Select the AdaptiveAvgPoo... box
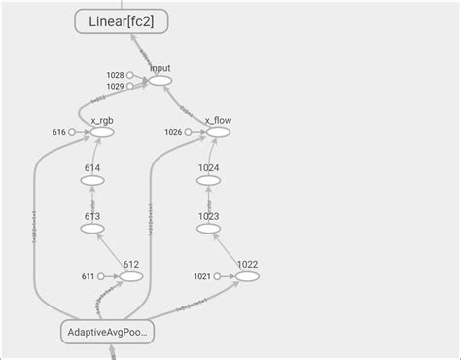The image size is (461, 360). coord(108,333)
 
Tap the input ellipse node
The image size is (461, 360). coord(160,81)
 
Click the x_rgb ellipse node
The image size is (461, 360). coord(101,132)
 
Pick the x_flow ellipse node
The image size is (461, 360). coord(217,132)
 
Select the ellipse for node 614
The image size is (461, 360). coord(92,182)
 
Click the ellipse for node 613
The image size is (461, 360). coord(92,229)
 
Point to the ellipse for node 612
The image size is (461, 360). coord(131,276)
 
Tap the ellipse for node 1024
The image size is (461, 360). coord(209,182)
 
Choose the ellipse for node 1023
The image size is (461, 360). coord(209,229)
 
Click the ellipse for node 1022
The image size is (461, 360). coord(247,276)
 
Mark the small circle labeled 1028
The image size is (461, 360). coord(129,75)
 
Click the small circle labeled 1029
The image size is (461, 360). coord(129,87)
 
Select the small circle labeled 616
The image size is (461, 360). coord(72,132)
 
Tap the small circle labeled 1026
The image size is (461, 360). coord(189,132)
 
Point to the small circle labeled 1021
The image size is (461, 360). coord(218,277)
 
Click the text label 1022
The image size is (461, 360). coord(247,263)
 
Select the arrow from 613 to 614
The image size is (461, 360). coord(92,205)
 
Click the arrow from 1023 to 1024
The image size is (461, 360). coord(209,205)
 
